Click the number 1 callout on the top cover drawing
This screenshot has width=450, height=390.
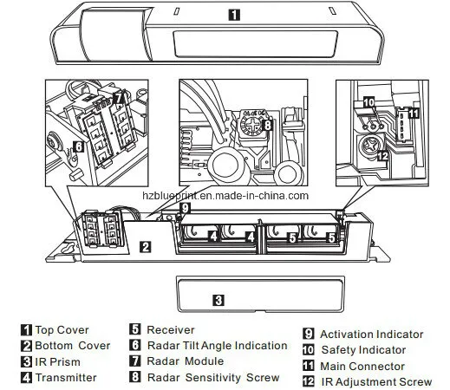(x=235, y=14)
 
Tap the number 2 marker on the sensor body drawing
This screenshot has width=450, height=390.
(x=147, y=247)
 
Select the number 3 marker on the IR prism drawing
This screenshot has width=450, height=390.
(x=219, y=301)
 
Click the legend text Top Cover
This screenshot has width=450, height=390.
(x=60, y=330)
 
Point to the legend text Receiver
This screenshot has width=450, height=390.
(x=173, y=330)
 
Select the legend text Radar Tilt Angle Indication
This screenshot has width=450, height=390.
(x=215, y=346)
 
